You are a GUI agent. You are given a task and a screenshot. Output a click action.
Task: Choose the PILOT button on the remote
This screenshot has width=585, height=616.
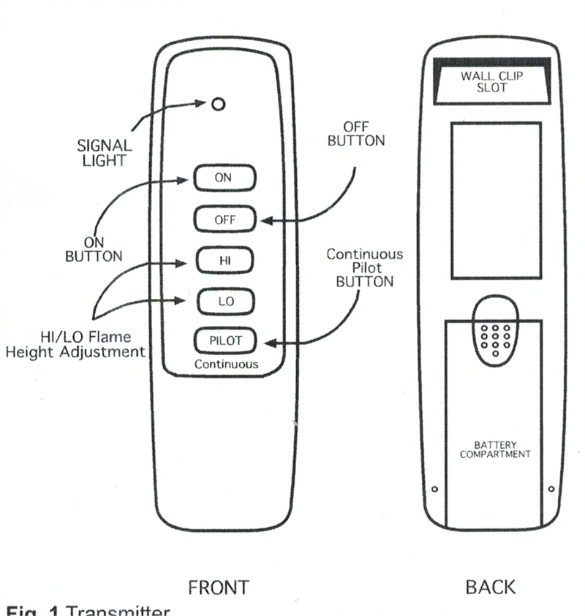coord(225,340)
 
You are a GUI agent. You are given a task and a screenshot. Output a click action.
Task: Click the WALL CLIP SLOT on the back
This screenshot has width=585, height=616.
coord(494,81)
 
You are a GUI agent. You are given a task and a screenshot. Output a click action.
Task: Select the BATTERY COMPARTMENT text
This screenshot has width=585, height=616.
coord(494,449)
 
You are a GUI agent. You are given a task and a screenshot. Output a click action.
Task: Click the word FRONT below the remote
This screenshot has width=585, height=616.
coord(218,587)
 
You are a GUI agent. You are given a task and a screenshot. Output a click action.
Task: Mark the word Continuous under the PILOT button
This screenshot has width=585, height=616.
coord(226,363)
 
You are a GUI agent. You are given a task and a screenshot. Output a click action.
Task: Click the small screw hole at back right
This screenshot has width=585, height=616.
coord(551,488)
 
